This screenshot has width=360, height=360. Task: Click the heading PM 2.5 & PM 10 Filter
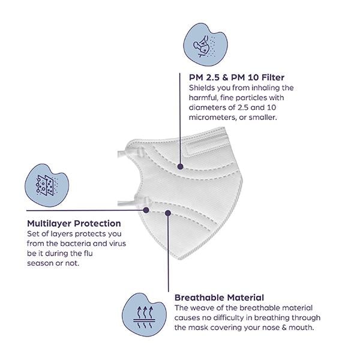[x=236, y=77]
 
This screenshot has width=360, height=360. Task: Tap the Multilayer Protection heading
[x=74, y=223]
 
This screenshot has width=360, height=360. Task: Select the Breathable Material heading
[x=219, y=298]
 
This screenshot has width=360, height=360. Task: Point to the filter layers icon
[x=47, y=185]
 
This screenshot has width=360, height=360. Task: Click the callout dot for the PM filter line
[x=180, y=167]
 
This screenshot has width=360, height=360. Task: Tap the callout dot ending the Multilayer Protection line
[x=146, y=210]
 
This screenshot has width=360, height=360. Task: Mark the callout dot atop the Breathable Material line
[x=168, y=213]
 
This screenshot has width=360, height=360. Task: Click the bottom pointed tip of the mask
[x=180, y=258]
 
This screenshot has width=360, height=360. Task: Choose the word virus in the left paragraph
[x=118, y=244]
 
